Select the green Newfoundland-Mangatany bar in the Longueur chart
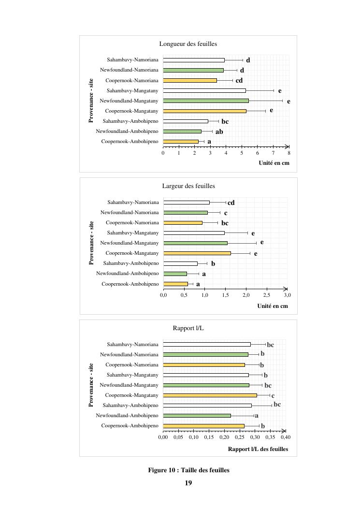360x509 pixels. coord(206,101)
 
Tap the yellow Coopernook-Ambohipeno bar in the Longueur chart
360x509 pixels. coord(181,142)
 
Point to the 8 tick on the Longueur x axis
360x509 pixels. coord(289,153)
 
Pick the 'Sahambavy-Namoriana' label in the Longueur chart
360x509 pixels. coord(132,60)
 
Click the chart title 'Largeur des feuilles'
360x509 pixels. coord(188,186)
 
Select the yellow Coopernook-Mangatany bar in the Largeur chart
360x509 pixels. coord(197,253)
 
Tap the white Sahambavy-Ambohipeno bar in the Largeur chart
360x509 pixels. coord(181,263)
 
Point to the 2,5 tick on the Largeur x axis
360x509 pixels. coord(267,295)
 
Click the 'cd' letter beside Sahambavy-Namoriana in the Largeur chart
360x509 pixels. coord(231,203)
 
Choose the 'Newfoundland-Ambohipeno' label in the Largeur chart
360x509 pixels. coord(127,274)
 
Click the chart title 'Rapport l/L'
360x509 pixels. coord(188,328)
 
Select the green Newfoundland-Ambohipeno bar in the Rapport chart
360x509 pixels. coord(197,416)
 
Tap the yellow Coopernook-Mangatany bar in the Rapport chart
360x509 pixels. coord(210,395)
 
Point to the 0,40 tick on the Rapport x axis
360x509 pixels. coord(286,437)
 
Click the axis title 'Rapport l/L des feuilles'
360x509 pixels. coord(258,449)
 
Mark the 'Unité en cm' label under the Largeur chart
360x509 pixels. coord(273,306)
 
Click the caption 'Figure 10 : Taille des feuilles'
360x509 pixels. coord(188,470)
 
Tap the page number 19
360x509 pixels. coord(188,483)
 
